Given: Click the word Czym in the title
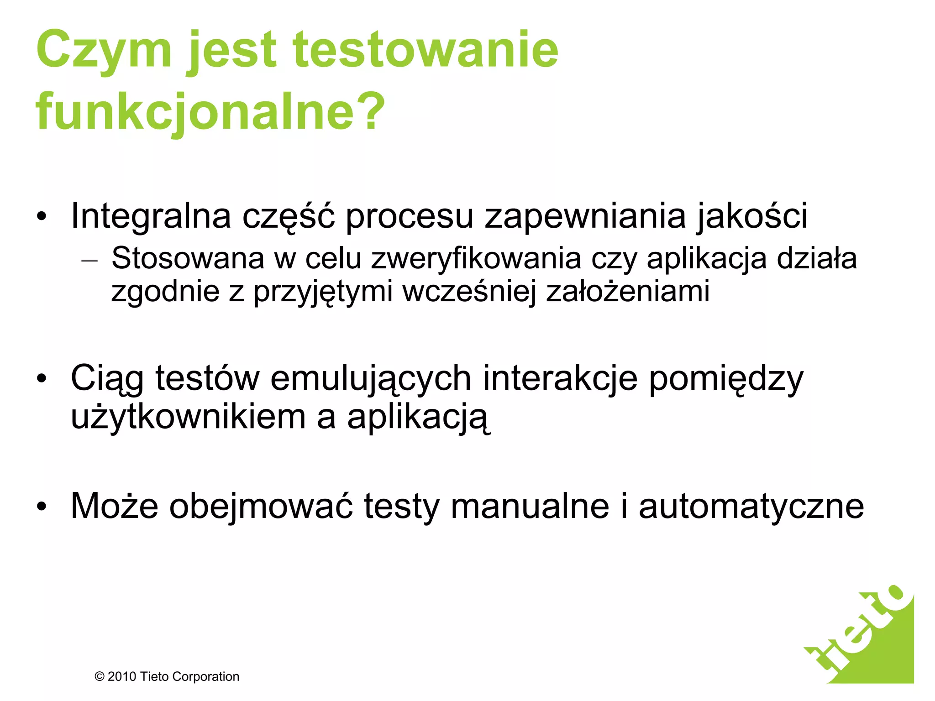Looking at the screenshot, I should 104,51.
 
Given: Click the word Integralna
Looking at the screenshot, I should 151,216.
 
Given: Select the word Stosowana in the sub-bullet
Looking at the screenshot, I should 188,259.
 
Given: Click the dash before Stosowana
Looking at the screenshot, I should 89,261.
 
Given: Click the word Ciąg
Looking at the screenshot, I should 107,379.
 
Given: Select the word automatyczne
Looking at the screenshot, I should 751,506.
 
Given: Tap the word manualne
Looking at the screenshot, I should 530,506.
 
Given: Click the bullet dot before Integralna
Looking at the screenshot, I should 42,217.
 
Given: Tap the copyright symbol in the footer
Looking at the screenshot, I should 100,677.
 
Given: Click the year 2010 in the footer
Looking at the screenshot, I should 122,677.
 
